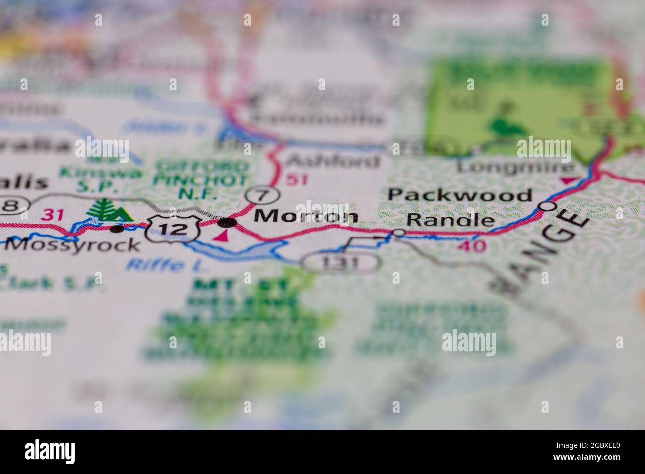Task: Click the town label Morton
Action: [306, 216]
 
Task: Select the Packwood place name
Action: [459, 195]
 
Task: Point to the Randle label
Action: [451, 220]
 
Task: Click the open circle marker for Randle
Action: [398, 232]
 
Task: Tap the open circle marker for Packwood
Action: [548, 205]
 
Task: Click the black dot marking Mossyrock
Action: [117, 229]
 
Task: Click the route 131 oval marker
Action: [342, 263]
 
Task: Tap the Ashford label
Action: [333, 161]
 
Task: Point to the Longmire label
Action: [516, 166]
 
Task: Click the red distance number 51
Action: [298, 179]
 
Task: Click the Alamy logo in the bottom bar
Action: [50, 451]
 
